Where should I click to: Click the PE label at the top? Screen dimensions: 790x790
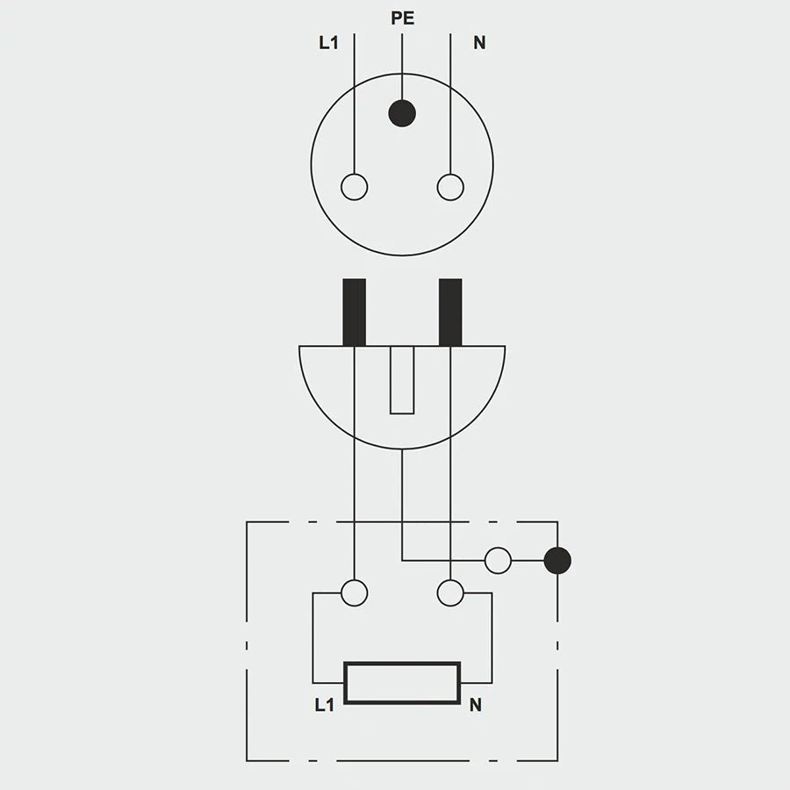click(x=402, y=18)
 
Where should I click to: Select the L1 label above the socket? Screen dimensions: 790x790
click(x=328, y=42)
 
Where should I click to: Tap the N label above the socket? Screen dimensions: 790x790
click(x=479, y=42)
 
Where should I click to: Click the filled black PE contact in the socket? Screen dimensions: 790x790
click(x=402, y=112)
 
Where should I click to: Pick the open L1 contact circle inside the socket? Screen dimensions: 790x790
click(x=354, y=187)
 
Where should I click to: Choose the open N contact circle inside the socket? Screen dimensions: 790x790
click(x=450, y=187)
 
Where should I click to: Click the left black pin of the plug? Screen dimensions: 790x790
click(x=354, y=312)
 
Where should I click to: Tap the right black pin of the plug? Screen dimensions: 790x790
click(x=450, y=312)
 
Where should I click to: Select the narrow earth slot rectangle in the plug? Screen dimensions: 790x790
click(x=402, y=379)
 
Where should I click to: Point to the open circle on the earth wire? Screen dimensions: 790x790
click(x=498, y=560)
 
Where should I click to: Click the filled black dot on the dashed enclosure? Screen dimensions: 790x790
click(x=557, y=560)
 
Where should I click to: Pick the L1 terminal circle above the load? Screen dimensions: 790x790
click(x=354, y=593)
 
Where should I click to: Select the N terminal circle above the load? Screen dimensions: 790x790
click(x=450, y=593)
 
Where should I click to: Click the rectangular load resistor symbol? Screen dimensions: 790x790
click(x=402, y=683)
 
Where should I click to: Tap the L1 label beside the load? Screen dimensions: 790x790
click(x=325, y=705)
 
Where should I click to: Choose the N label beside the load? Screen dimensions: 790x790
click(x=476, y=705)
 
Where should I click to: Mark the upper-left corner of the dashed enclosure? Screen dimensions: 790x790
click(x=247, y=522)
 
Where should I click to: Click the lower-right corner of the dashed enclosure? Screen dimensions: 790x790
click(x=557, y=760)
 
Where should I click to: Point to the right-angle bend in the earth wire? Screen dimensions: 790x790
click(x=402, y=560)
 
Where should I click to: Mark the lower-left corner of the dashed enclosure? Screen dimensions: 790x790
click(x=247, y=760)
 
